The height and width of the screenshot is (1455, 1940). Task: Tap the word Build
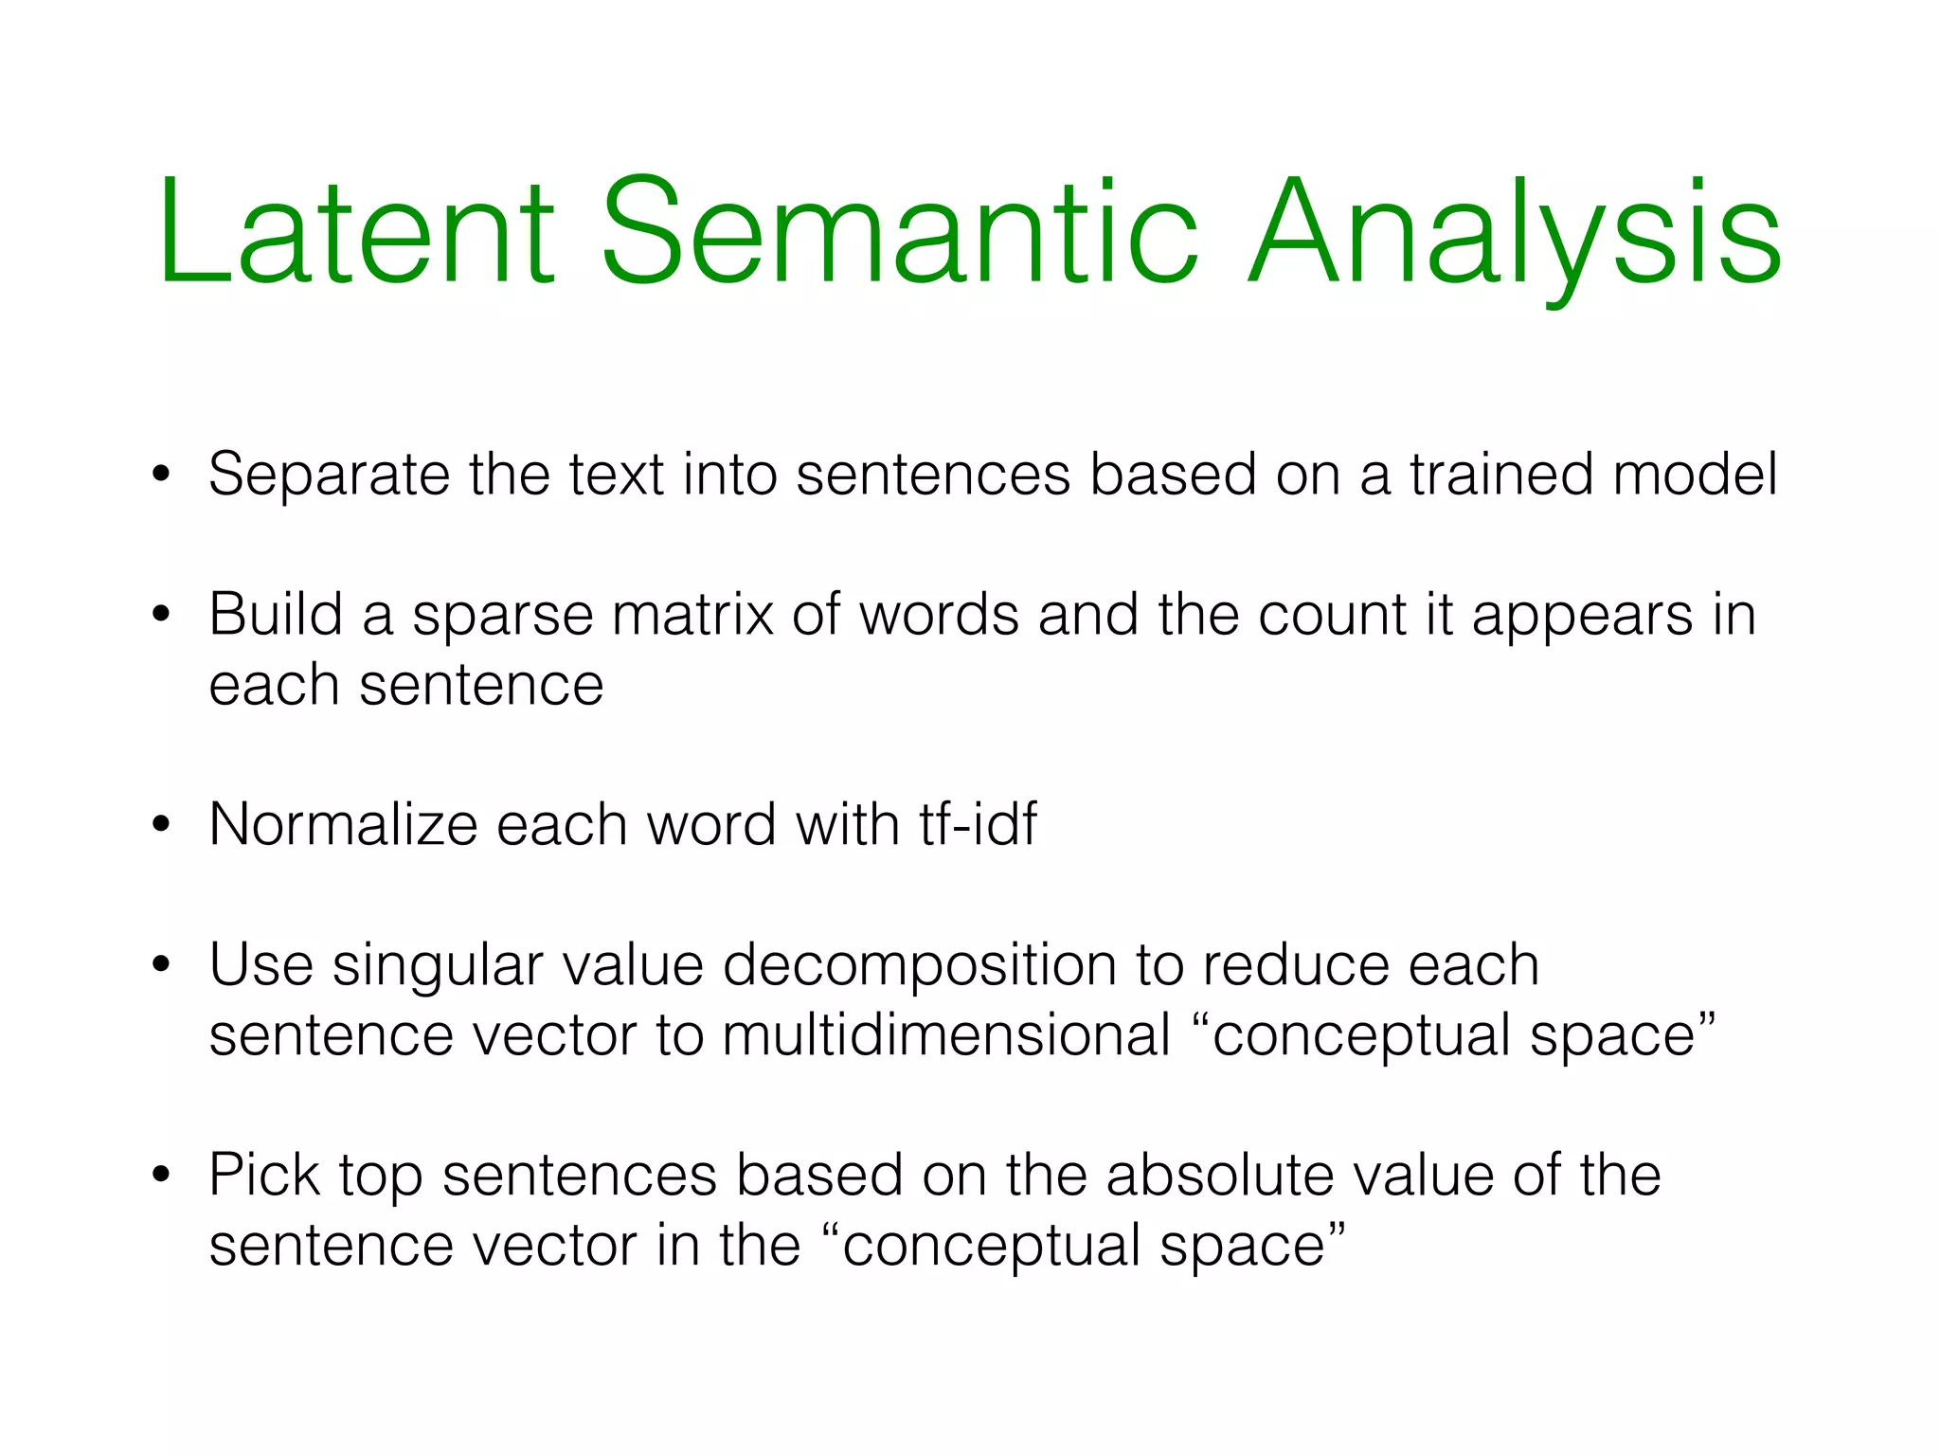(276, 615)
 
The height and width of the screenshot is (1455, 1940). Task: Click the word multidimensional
(946, 1034)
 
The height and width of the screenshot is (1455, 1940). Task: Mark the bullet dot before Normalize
(162, 825)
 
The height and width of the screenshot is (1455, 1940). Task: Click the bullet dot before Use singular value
(162, 965)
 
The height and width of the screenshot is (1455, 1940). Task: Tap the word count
(1332, 616)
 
